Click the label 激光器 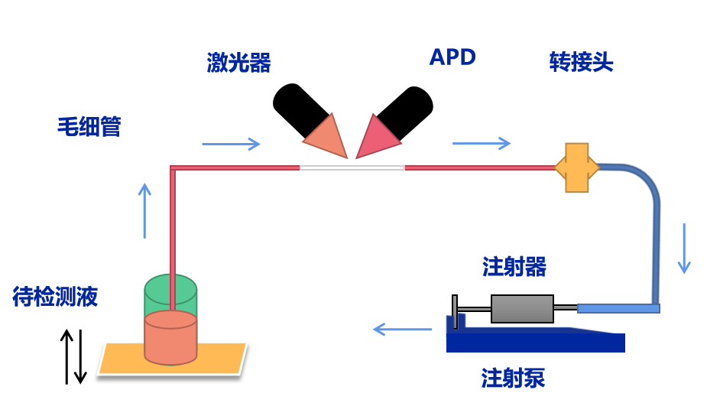click(238, 63)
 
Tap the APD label click(452, 57)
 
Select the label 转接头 click(581, 62)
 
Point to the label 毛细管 click(89, 126)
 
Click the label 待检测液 click(55, 297)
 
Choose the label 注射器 click(514, 267)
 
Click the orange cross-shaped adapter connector click(577, 167)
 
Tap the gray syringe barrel click(522, 308)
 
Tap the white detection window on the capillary click(352, 167)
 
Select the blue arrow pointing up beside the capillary click(144, 211)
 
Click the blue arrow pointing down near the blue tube click(684, 249)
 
